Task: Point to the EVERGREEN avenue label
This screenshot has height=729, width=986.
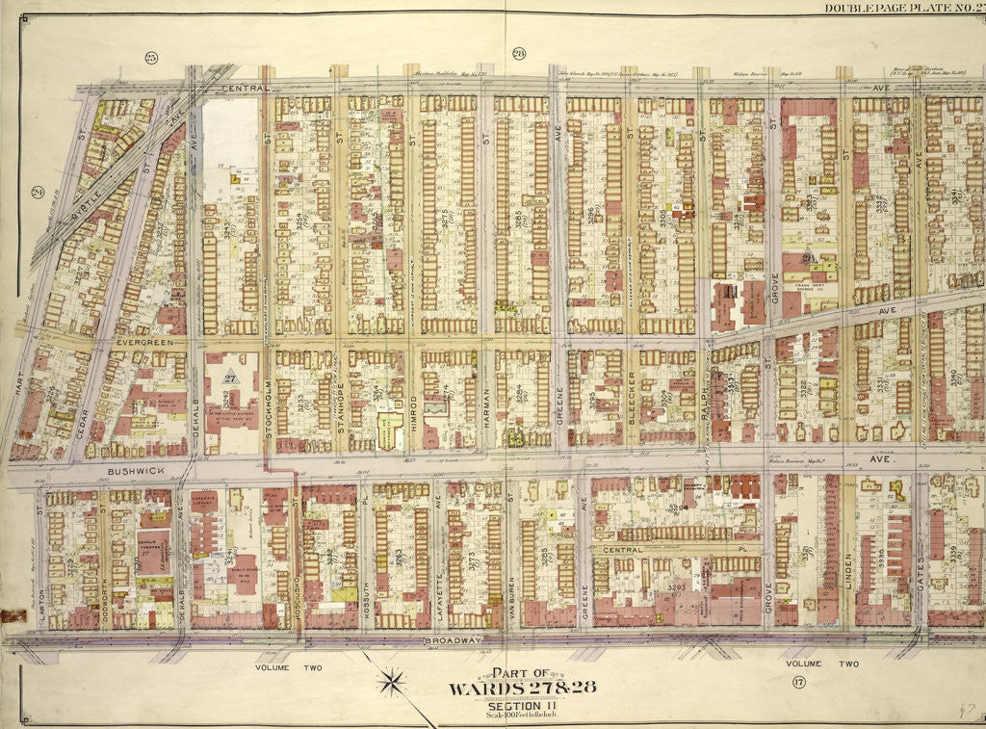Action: [x=143, y=341]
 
